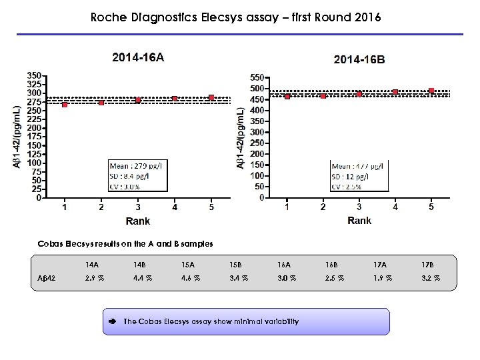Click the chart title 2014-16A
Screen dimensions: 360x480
(138, 57)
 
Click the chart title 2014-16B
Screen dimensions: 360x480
(359, 59)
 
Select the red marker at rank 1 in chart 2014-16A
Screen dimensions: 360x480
(65, 104)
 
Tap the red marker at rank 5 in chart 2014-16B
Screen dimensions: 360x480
(431, 91)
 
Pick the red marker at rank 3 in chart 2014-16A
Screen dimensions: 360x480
(138, 100)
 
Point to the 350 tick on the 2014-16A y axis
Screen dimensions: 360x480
(35, 75)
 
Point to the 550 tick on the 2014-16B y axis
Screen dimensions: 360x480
(256, 77)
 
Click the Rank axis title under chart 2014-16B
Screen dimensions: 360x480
(359, 220)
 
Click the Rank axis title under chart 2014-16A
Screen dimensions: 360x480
(138, 221)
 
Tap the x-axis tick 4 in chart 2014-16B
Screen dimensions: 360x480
(395, 207)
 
